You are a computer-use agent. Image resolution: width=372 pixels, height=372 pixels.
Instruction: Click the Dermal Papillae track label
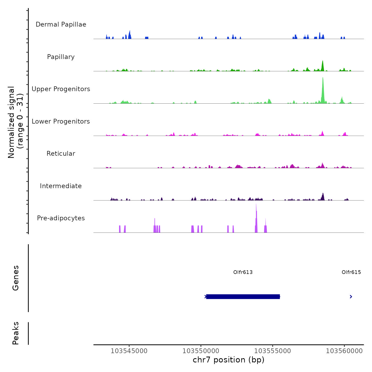point(61,24)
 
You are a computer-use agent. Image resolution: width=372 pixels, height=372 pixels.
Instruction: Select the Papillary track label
point(61,57)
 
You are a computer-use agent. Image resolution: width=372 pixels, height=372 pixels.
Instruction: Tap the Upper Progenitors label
point(61,89)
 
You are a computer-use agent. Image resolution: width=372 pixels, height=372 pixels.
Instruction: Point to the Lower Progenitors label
point(61,121)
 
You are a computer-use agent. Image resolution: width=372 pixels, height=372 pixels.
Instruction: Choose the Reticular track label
point(61,154)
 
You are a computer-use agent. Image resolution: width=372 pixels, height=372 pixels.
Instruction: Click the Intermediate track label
point(61,186)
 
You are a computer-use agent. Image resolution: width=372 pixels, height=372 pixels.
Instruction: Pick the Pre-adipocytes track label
point(61,218)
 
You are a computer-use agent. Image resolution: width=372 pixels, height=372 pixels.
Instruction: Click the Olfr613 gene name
point(243,272)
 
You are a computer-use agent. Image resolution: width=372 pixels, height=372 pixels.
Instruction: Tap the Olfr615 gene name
point(351,272)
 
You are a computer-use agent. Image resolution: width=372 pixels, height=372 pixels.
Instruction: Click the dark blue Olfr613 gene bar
point(243,297)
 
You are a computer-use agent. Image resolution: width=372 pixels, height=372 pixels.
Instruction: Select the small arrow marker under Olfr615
point(351,297)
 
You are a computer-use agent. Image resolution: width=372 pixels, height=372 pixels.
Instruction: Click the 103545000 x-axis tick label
point(129,351)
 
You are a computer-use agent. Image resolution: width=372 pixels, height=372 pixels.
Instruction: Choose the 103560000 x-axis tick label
point(344,351)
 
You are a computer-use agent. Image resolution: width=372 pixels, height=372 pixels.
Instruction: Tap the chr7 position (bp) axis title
point(229,360)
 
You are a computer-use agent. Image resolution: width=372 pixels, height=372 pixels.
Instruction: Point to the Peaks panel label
point(16,333)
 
